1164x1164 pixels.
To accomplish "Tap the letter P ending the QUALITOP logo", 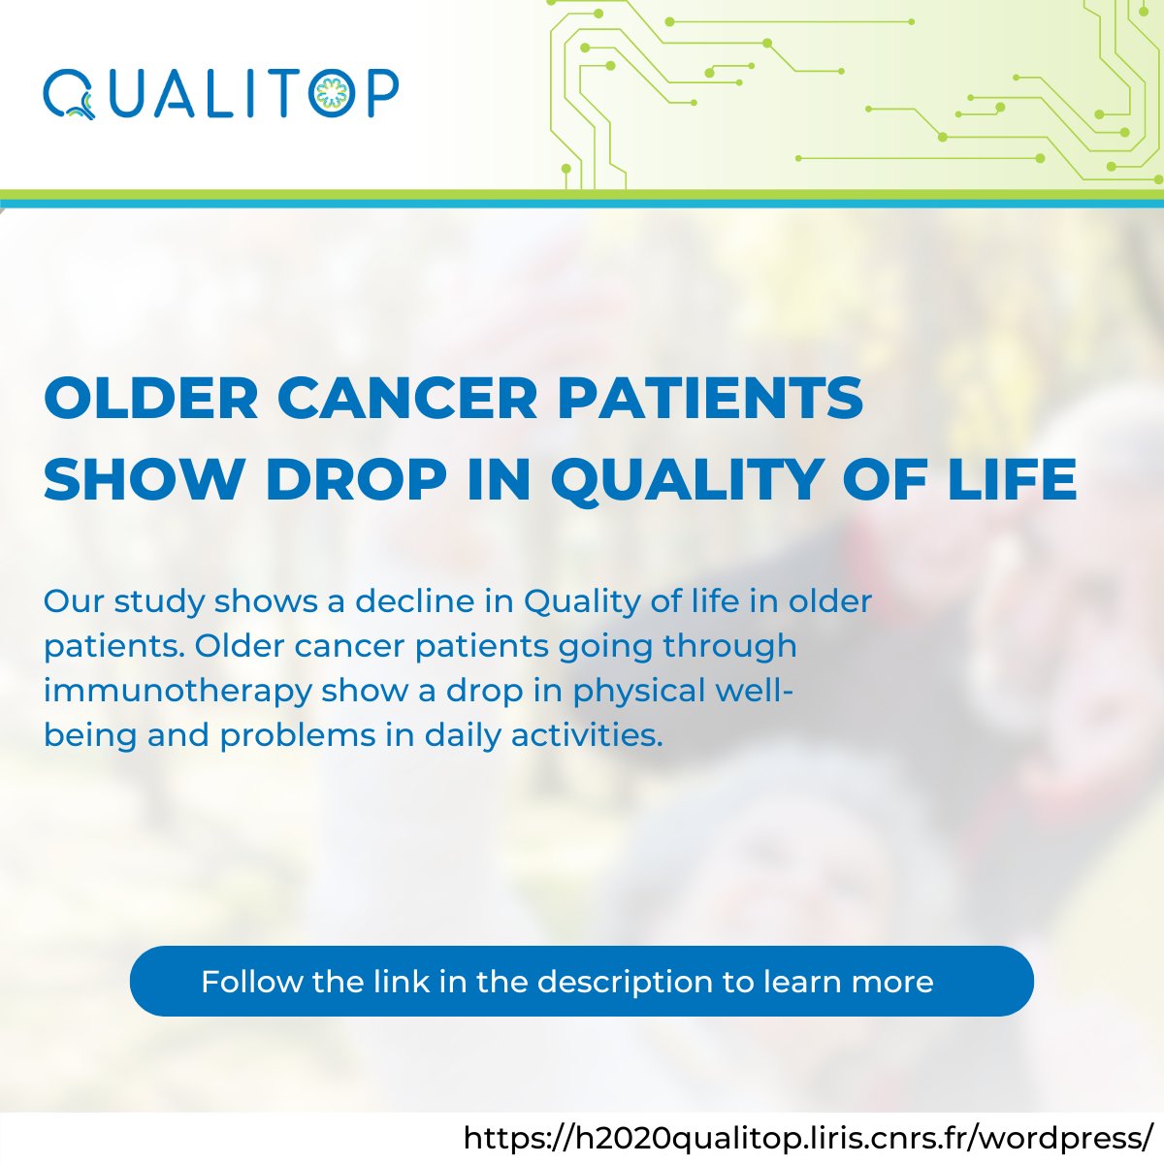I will coord(381,94).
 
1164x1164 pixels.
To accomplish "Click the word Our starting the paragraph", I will coord(74,601).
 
